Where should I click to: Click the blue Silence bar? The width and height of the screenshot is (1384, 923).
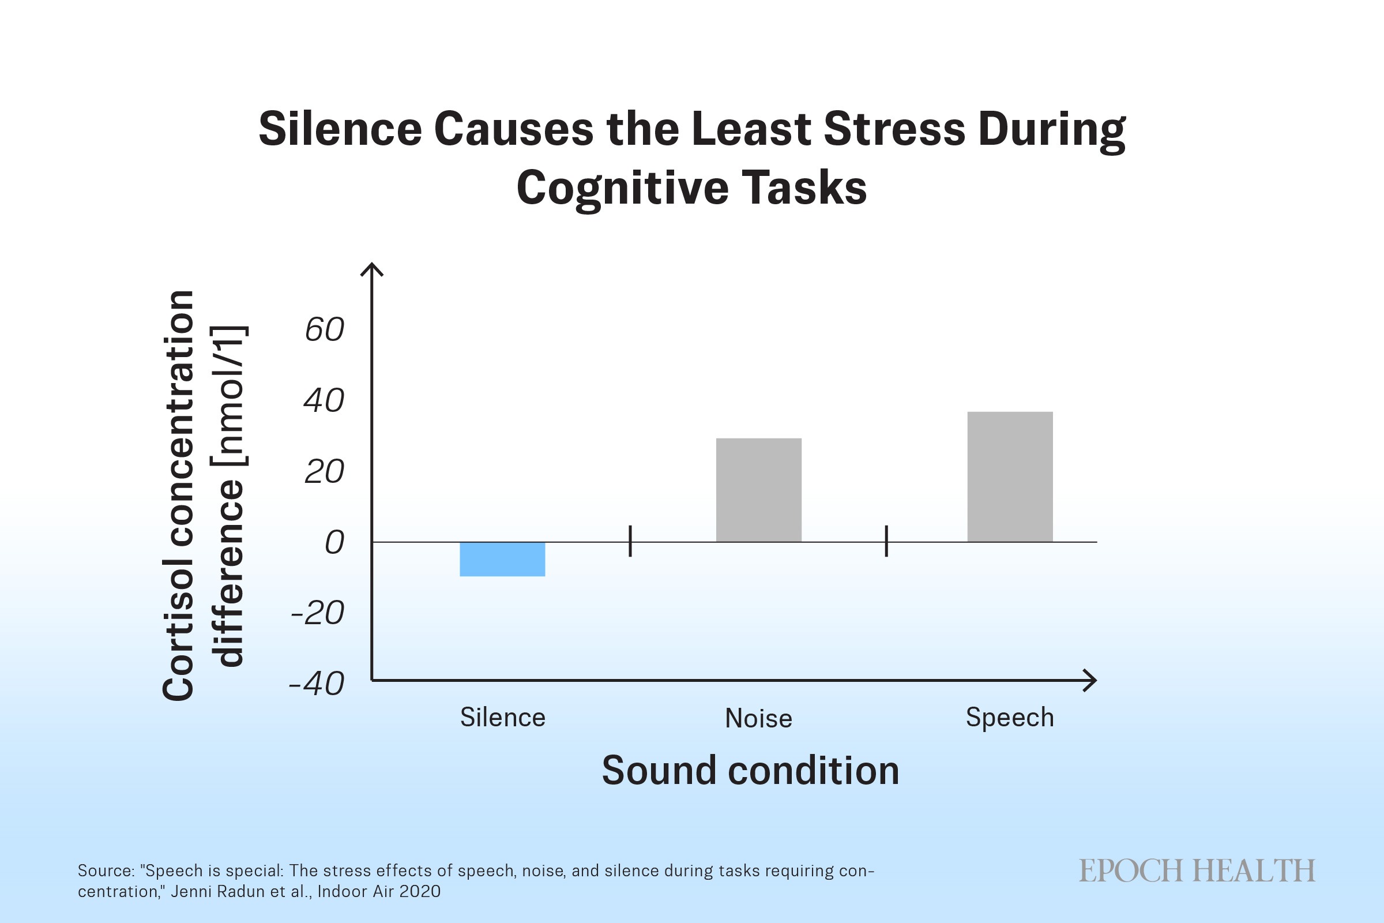[x=502, y=558]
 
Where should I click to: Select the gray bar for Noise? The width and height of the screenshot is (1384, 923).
[x=758, y=490]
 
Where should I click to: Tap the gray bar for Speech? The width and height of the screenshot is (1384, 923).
[x=1010, y=476]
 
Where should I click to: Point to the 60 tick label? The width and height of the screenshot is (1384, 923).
[x=324, y=329]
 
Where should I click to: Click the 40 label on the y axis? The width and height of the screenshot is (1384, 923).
[x=324, y=400]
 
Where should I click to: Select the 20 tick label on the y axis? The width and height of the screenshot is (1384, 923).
[x=324, y=471]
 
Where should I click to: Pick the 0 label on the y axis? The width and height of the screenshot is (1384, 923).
[x=334, y=542]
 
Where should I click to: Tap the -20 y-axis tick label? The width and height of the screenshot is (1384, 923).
[x=318, y=613]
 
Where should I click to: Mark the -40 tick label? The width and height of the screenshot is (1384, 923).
[x=317, y=684]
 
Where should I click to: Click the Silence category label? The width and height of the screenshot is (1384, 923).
[x=502, y=718]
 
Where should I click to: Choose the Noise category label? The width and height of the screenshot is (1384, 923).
[x=758, y=718]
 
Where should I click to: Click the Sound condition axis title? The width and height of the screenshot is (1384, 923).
[x=750, y=771]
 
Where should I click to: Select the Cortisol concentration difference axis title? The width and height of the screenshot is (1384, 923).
[x=204, y=496]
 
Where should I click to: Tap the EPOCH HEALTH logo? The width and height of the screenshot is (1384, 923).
[x=1197, y=871]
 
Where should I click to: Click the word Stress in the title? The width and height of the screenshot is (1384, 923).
[x=894, y=129]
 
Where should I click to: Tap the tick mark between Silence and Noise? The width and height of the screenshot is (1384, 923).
[x=630, y=541]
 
